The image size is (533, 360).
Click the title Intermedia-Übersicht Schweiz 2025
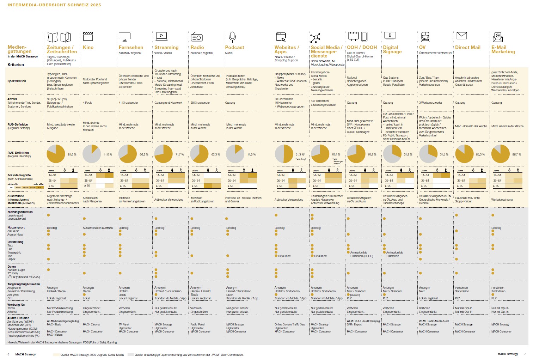coord(54,5)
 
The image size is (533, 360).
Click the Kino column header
coord(88,47)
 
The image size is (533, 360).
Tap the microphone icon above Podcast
coord(232,37)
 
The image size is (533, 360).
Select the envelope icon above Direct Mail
coord(461,36)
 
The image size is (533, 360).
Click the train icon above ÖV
coord(425,37)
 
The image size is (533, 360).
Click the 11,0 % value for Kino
coord(108,154)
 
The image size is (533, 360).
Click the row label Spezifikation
coord(17,81)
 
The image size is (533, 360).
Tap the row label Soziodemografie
coord(19,175)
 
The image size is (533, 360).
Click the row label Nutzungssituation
coord(20,212)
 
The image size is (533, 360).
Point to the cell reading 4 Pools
coord(87,103)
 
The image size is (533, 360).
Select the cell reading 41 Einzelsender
coord(128,103)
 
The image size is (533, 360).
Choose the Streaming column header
coord(166,47)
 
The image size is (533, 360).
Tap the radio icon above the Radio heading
coord(196,37)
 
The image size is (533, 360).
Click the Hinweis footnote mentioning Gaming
coord(62,342)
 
